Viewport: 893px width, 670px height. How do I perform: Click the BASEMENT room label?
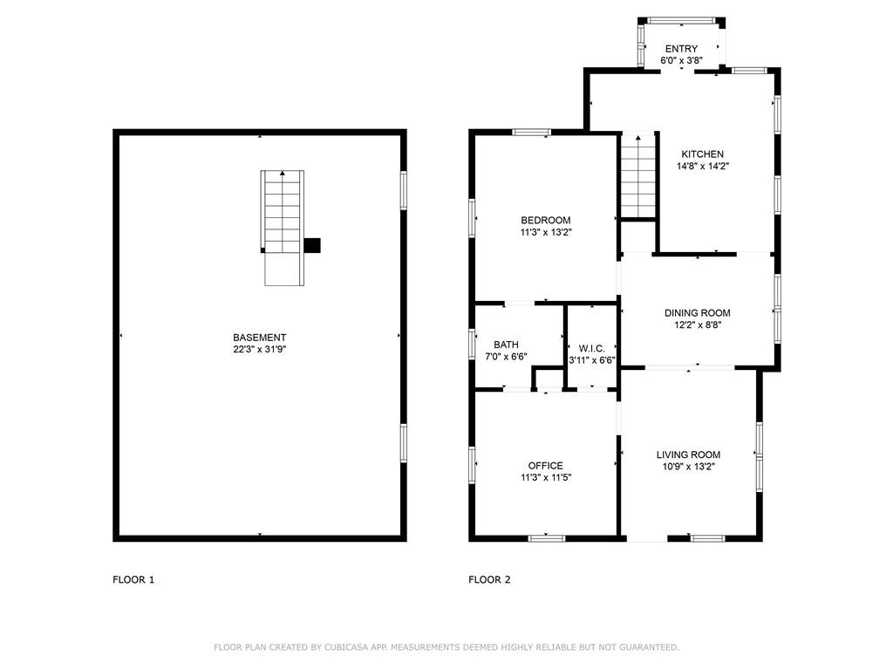[x=259, y=338]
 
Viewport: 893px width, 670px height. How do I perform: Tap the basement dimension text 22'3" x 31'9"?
[x=259, y=349]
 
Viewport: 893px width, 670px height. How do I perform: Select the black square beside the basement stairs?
[x=312, y=245]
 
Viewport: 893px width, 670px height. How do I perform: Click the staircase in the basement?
[x=283, y=228]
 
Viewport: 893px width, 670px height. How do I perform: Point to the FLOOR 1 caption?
[x=133, y=580]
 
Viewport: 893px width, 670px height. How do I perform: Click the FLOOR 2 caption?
[x=489, y=580]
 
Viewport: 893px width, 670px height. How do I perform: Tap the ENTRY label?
[x=681, y=49]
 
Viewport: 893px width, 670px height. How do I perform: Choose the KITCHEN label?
[x=703, y=154]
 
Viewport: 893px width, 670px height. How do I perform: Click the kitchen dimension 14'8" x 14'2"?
[x=703, y=167]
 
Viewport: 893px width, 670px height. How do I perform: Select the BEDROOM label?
[x=546, y=220]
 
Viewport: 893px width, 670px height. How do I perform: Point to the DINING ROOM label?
[x=697, y=313]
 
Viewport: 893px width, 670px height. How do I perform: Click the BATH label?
[x=506, y=345]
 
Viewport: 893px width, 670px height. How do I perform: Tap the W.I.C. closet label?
[x=592, y=348]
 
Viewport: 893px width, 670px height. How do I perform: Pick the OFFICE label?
[x=546, y=466]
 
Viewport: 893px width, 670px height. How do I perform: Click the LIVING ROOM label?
[x=688, y=455]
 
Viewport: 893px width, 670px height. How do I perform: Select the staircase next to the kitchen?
[x=637, y=175]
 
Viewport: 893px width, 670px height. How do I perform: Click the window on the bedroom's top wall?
[x=531, y=133]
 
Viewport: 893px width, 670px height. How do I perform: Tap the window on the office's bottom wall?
[x=546, y=537]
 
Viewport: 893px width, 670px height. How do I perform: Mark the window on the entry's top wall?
[x=681, y=21]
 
